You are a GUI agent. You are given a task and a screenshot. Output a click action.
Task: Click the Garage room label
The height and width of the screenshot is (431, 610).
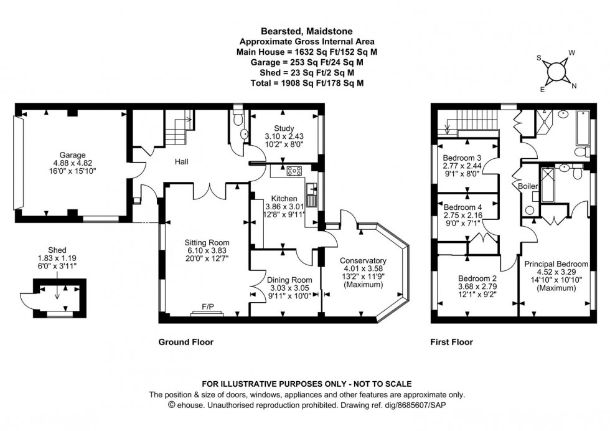64,155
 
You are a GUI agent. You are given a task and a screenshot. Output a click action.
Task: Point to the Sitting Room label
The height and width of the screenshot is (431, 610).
207,243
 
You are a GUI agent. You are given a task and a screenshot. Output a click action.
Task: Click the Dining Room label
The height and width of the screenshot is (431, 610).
283,280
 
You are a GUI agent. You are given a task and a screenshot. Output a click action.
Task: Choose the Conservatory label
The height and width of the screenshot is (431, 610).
363,260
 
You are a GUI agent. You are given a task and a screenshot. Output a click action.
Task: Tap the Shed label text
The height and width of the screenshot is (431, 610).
57,250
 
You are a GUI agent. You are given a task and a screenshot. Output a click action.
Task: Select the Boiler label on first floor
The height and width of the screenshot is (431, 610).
528,186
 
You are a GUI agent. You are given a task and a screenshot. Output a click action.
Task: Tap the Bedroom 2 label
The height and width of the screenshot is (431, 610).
475,278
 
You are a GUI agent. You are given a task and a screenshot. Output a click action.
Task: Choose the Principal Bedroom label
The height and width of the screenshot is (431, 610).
556,264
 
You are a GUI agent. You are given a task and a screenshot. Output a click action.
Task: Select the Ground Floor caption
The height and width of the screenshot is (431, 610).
185,342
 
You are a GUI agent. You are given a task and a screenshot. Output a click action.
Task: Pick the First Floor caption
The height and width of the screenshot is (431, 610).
451,342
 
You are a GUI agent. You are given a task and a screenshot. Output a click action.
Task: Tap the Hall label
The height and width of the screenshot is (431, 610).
181,162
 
